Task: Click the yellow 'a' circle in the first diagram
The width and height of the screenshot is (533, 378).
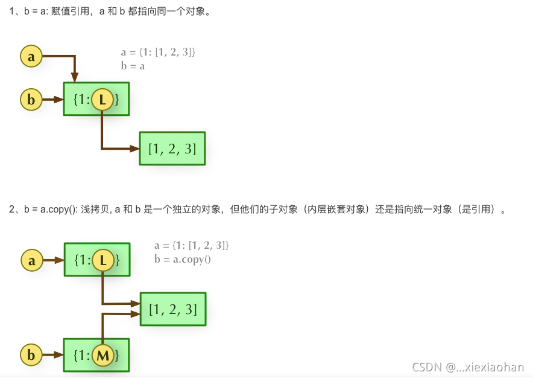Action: (31, 57)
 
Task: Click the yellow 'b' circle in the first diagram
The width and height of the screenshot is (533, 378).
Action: (31, 100)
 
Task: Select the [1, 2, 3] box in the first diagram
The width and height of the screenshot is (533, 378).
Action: (172, 148)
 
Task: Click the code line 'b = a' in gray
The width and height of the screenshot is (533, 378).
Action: (133, 66)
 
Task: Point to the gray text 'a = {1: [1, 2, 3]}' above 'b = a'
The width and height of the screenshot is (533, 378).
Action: (158, 53)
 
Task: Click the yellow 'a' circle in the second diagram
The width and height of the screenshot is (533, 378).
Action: (31, 260)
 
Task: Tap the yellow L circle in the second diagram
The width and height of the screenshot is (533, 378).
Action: (103, 260)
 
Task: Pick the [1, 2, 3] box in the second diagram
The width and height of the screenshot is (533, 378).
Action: (173, 309)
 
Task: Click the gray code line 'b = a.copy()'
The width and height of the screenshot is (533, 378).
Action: (182, 259)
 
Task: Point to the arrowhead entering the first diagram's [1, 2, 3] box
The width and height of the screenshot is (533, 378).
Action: (134, 148)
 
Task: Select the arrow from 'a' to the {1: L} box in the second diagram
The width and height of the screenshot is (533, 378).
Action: (53, 260)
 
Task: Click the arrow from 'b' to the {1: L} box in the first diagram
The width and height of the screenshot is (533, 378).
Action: (53, 100)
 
